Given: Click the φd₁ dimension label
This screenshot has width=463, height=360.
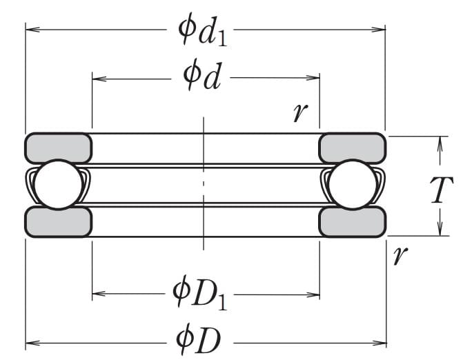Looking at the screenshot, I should click(204, 30).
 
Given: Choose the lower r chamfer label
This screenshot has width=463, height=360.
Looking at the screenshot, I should click(398, 256).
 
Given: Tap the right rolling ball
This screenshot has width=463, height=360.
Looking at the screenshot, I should click(352, 184).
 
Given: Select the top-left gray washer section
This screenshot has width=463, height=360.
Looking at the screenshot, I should click(59, 147).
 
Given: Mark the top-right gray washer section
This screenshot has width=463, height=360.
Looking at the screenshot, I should click(352, 147).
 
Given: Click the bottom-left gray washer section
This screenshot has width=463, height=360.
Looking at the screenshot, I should click(59, 221).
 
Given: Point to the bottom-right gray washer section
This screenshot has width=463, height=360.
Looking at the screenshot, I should click(352, 221).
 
